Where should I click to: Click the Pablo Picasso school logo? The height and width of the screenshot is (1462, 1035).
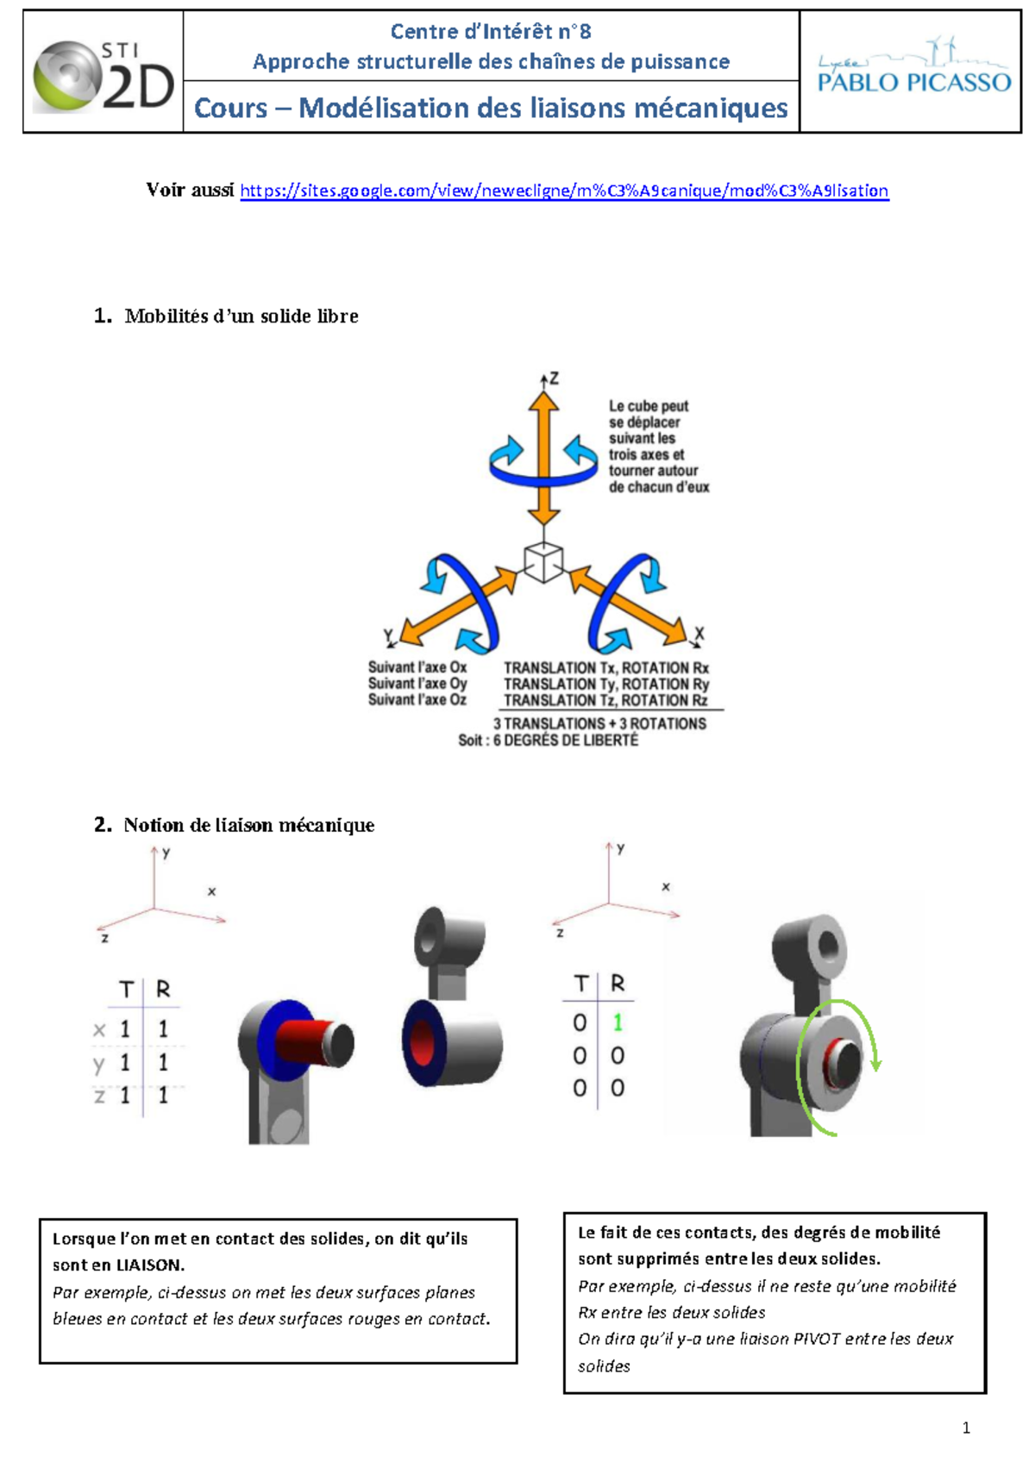tap(913, 66)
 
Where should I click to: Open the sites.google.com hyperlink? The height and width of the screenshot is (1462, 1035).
tap(564, 191)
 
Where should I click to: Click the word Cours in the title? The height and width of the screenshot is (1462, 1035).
tap(230, 109)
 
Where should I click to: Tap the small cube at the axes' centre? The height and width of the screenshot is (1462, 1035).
tap(543, 562)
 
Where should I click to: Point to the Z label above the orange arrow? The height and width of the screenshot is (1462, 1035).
tap(554, 378)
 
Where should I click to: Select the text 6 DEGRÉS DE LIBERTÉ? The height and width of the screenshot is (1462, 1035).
tap(566, 740)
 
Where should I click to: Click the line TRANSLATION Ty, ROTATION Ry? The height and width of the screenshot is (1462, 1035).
tap(606, 684)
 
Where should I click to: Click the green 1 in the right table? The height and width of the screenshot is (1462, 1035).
tap(617, 1022)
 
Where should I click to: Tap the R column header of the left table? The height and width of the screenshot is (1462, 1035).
tap(163, 989)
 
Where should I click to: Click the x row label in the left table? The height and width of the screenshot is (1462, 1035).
tap(99, 1030)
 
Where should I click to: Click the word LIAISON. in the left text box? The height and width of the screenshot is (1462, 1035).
tap(151, 1265)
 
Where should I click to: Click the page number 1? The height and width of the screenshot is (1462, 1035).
tap(967, 1428)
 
